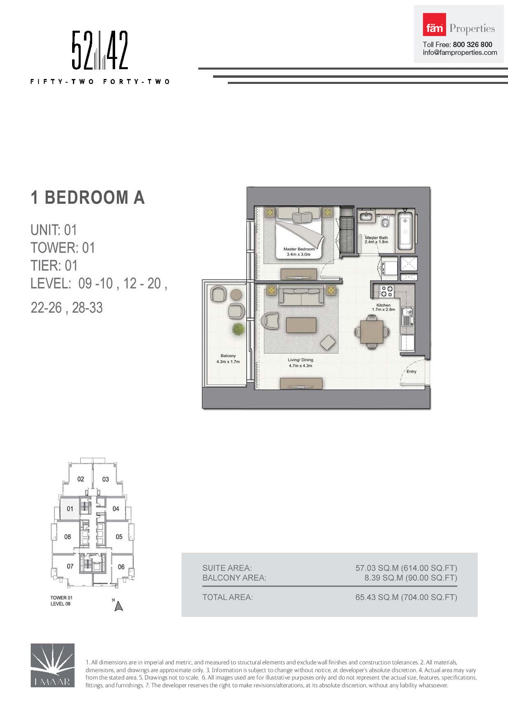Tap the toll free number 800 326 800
(x=472, y=44)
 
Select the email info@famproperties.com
(x=460, y=52)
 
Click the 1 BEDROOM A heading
(x=88, y=197)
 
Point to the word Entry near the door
(x=411, y=371)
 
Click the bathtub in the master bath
(x=406, y=231)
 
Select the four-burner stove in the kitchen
(x=386, y=291)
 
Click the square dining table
(x=372, y=332)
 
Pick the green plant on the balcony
(x=238, y=329)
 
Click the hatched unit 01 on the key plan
(x=70, y=508)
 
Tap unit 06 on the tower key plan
(x=121, y=567)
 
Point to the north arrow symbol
(x=119, y=606)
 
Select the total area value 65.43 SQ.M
(x=377, y=597)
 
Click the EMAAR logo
(x=52, y=665)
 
